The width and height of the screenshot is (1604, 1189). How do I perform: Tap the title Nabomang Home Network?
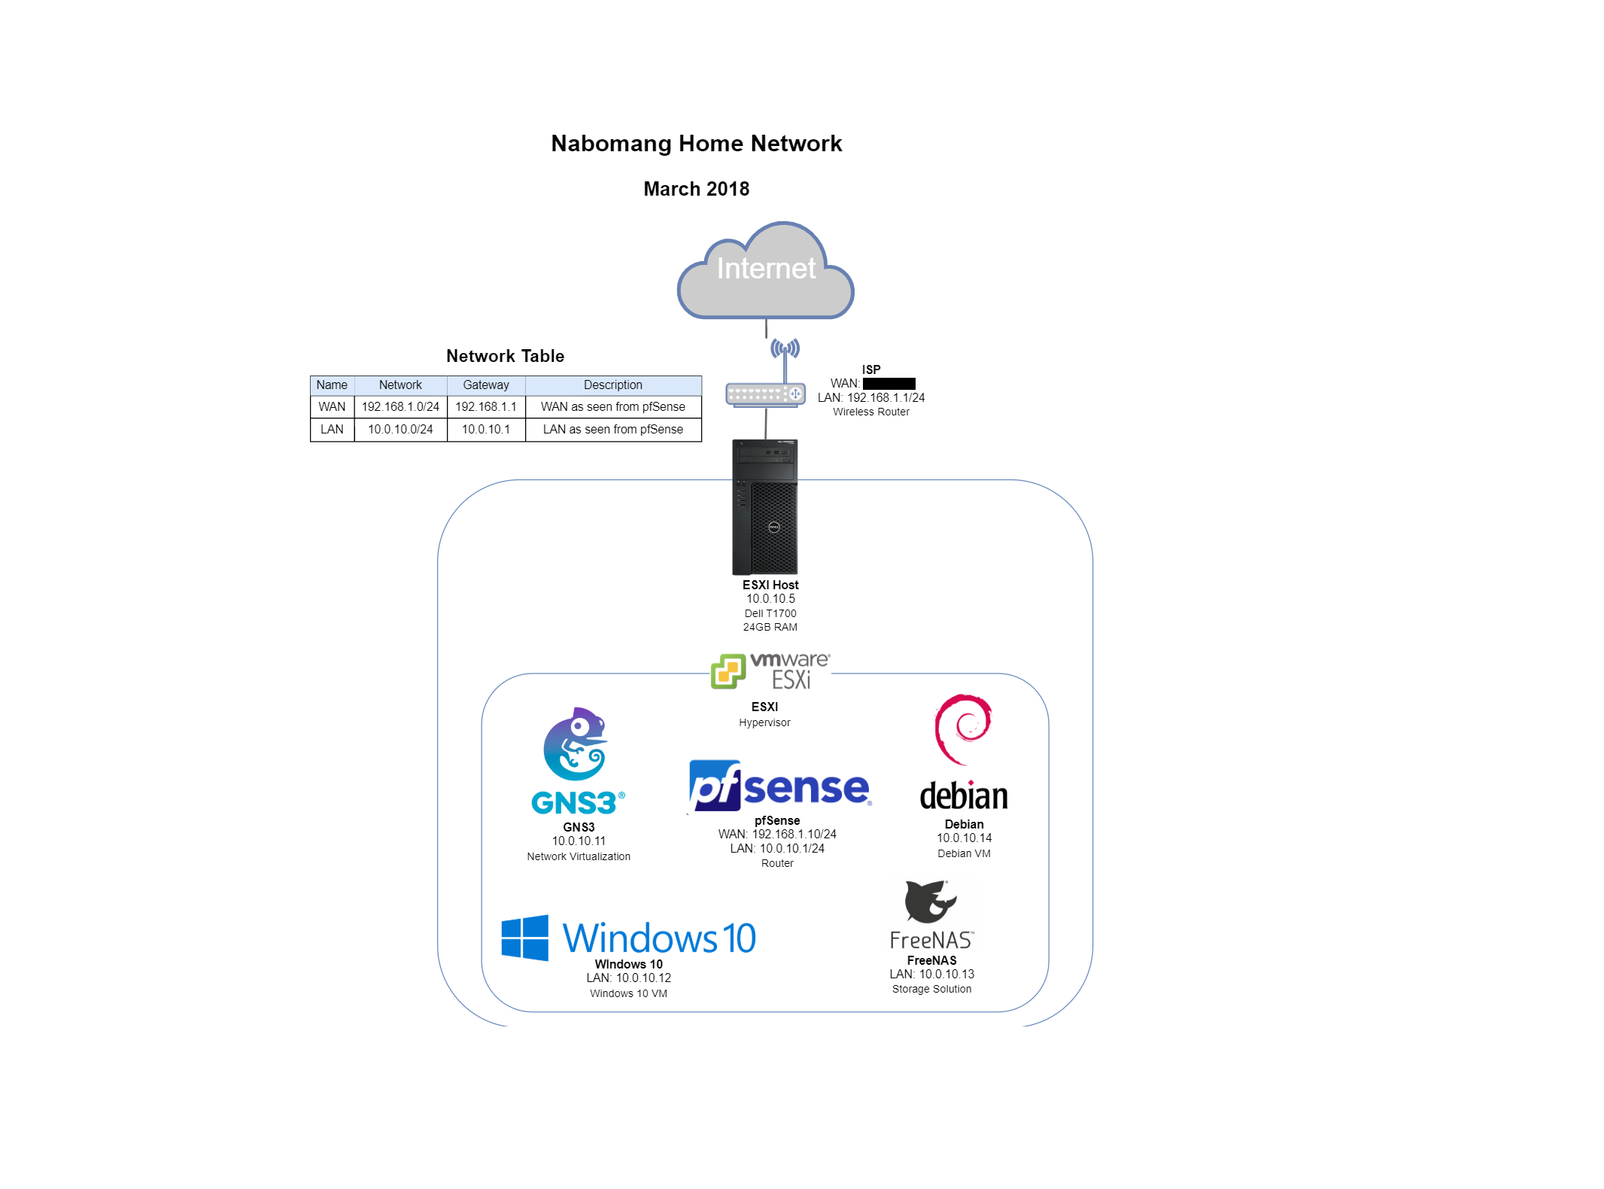[x=696, y=144]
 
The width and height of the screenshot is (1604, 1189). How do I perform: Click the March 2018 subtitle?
[x=696, y=189]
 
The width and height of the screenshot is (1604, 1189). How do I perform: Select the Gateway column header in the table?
[x=485, y=385]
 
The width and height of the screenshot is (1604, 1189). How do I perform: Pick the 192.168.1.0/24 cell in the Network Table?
[x=400, y=407]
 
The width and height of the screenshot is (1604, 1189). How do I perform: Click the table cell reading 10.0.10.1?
[x=485, y=430]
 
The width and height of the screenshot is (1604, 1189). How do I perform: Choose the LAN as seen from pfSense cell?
[x=612, y=430]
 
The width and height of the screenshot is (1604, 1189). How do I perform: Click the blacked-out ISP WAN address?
[x=889, y=384]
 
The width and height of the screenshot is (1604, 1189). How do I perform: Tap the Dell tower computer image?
[x=765, y=507]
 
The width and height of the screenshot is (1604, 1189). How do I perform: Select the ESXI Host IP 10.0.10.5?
[x=770, y=599]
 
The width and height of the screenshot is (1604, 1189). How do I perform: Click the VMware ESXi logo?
[x=770, y=671]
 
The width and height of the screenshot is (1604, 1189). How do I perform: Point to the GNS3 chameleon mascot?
[x=575, y=744]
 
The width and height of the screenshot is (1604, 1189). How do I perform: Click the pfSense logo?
[x=779, y=786]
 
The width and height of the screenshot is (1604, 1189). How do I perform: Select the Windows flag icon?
[x=524, y=938]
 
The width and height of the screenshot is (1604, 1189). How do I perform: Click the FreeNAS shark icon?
[x=930, y=902]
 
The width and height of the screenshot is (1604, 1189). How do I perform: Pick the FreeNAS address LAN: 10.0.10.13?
[x=931, y=975]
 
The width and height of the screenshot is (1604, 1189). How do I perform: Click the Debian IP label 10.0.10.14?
[x=964, y=838]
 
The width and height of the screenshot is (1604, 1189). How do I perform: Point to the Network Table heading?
[x=505, y=357]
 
